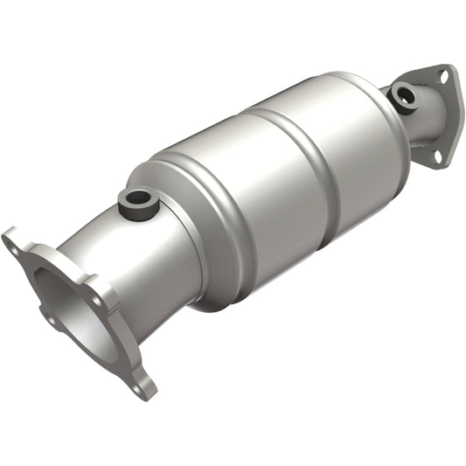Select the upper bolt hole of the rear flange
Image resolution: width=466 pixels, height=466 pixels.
pyautogui.click(x=442, y=78)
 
